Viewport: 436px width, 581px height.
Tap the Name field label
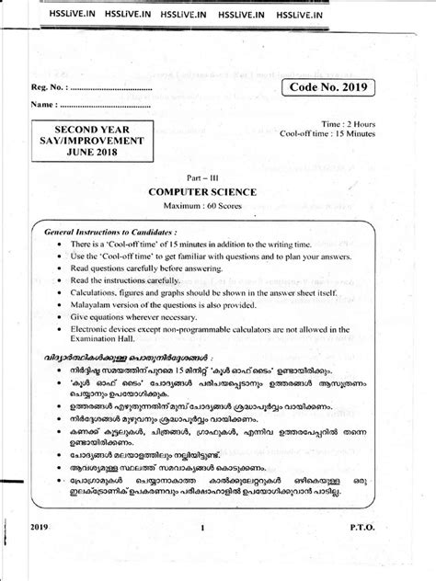[x=38, y=106]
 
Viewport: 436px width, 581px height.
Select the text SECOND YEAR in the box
[x=83, y=131]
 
